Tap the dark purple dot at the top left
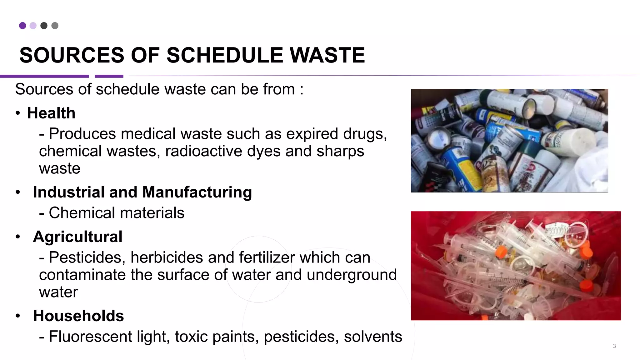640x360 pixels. tap(22, 26)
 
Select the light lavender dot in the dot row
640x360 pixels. tap(33, 26)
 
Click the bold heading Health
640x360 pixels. tap(51, 113)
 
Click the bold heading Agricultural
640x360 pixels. tap(77, 237)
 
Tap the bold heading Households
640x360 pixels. tap(78, 316)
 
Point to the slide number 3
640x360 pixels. tap(614, 346)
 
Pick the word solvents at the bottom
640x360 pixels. tap(373, 337)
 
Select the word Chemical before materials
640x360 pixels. tap(82, 213)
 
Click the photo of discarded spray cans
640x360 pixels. tap(509, 140)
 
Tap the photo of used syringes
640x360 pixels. tap(516, 266)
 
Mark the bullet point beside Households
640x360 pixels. tap(18, 316)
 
